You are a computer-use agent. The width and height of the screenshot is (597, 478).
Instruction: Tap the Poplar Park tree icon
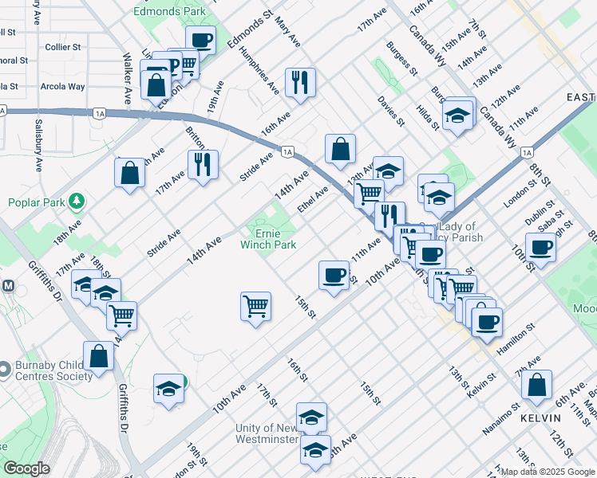pos(77,199)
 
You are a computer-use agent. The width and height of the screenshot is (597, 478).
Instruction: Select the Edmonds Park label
pos(169,11)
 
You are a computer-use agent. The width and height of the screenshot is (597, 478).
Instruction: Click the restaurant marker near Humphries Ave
pos(300,81)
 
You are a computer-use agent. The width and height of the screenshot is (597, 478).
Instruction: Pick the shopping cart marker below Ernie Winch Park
pos(255,306)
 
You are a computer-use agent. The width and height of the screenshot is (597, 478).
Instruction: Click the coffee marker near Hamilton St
pos(486,322)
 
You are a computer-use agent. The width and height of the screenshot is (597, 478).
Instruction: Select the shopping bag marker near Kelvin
pos(536,384)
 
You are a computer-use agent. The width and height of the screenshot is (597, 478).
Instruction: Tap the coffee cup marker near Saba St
pos(540,247)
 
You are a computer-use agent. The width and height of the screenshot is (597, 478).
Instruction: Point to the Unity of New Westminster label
pos(267,433)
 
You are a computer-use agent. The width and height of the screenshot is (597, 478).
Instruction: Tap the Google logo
pos(26,468)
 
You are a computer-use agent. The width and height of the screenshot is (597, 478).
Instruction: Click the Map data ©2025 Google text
pos(547,472)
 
